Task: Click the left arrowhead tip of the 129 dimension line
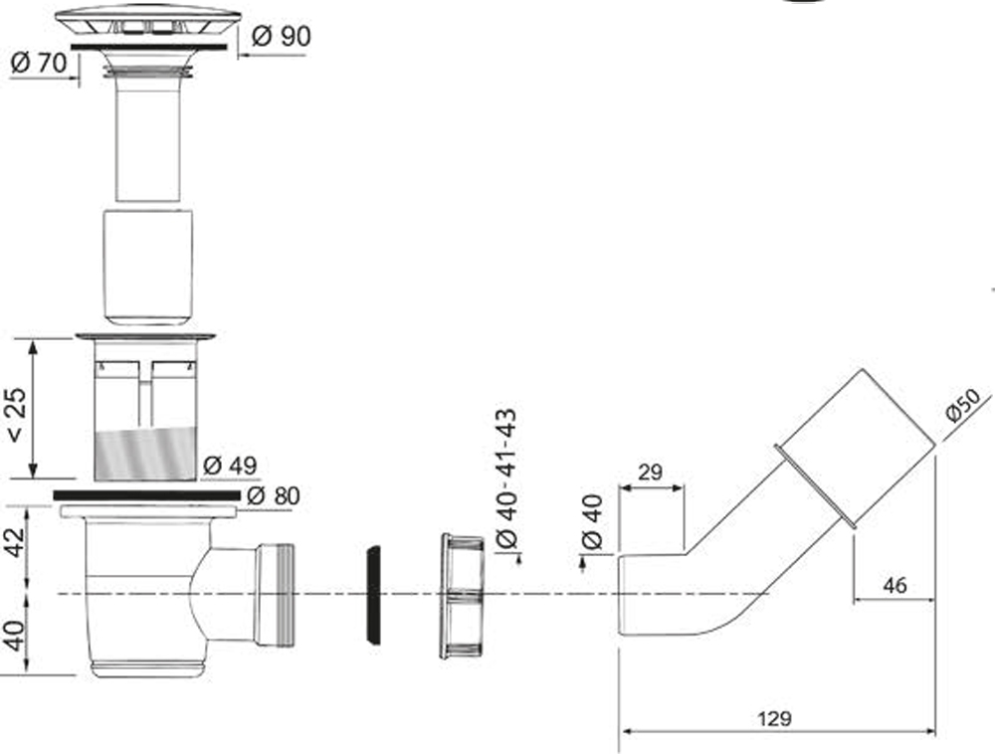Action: pos(620,732)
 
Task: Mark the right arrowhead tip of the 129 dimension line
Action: pos(935,732)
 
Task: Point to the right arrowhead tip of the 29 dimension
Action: pos(685,487)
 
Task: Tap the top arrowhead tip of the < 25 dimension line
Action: pos(33,339)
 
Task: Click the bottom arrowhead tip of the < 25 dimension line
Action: pos(33,478)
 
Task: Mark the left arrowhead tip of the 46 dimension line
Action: pos(853,599)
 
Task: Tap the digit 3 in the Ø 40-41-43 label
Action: pos(508,419)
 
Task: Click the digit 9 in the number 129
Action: pos(784,719)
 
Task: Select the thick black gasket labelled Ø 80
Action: pos(146,495)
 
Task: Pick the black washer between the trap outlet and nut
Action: pos(374,595)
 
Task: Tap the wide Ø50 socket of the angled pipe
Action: pos(855,448)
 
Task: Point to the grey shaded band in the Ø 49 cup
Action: pos(145,453)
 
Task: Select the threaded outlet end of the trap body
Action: pos(275,595)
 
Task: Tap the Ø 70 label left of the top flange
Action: pos(38,63)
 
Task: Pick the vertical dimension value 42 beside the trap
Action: pos(15,541)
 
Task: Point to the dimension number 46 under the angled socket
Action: pos(895,585)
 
